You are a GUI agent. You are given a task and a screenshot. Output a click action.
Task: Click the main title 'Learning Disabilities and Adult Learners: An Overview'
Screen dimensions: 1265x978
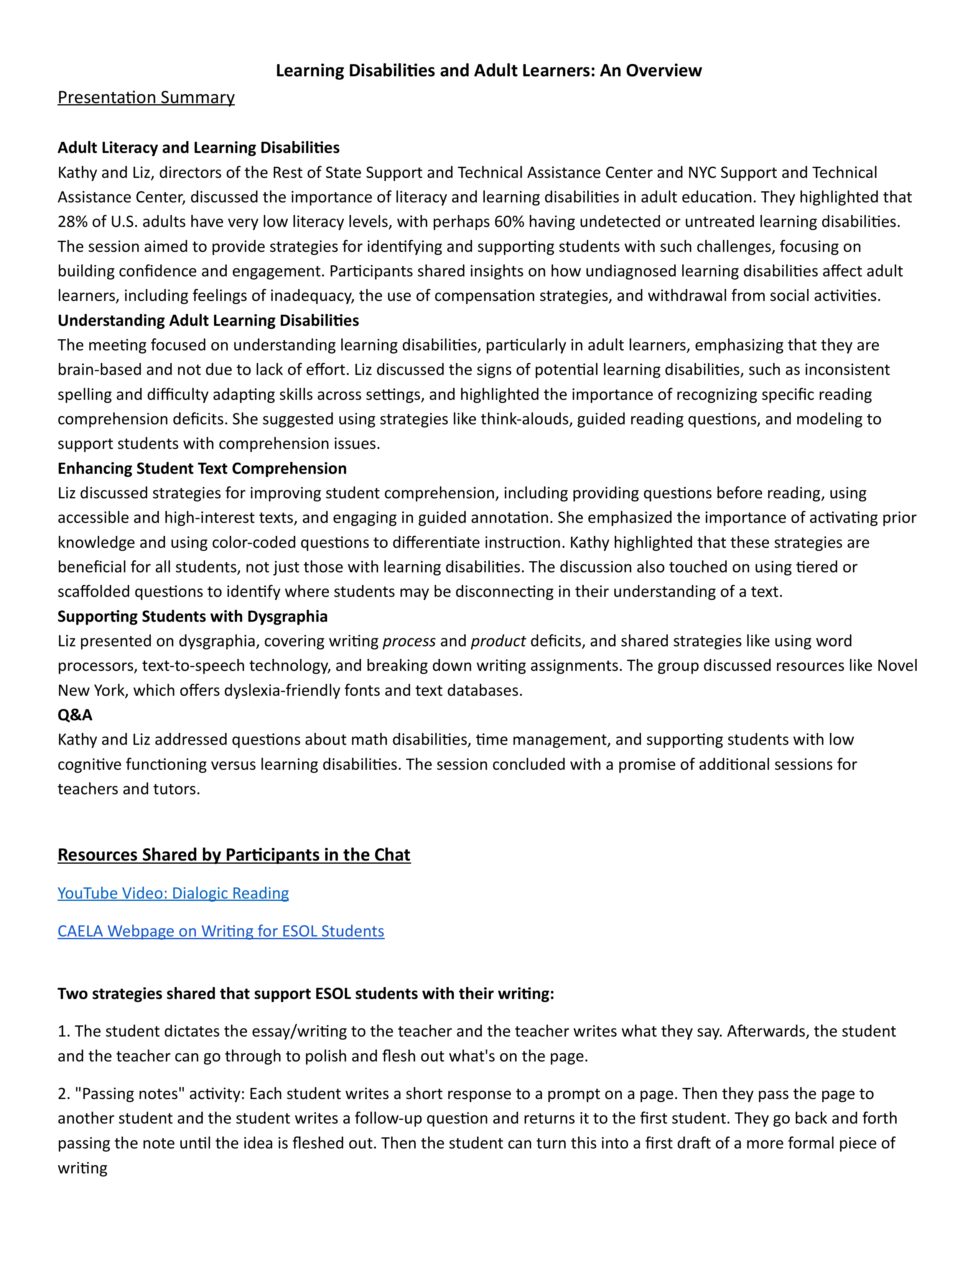click(488, 71)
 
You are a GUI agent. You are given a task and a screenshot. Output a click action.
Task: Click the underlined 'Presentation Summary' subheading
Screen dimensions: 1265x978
click(146, 97)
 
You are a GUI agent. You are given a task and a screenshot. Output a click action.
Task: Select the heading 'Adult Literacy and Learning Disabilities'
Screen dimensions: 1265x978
click(198, 148)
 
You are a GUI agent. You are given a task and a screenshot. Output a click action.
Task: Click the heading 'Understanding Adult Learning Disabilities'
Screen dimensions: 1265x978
click(208, 320)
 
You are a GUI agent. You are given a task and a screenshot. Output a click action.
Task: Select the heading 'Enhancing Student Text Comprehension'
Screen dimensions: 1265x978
click(202, 468)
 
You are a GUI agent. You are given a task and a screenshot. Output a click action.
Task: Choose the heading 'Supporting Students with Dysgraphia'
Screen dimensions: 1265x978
click(193, 616)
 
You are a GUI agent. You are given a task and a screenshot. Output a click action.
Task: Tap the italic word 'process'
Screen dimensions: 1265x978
click(409, 641)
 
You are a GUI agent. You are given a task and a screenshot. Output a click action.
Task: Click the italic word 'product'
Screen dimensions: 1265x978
click(498, 641)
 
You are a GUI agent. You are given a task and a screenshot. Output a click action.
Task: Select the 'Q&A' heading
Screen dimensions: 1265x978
click(75, 715)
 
